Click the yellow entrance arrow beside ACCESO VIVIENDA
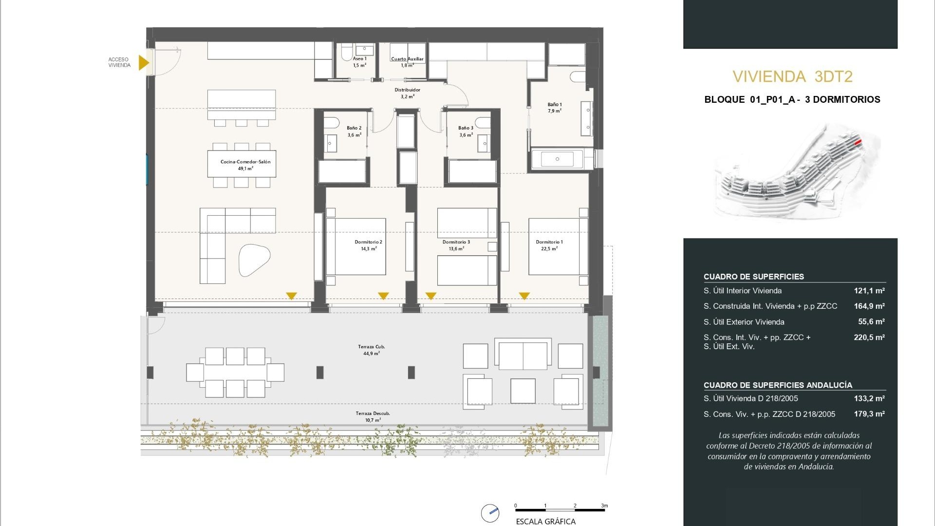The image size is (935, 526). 143,62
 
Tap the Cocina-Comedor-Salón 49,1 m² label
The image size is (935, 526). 245,165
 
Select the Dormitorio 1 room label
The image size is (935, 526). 549,245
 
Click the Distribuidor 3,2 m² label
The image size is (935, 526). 407,93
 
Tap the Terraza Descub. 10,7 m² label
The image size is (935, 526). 373,416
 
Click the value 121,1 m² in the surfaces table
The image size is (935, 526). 869,291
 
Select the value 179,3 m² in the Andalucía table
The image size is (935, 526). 869,414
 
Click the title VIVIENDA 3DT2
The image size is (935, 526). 792,76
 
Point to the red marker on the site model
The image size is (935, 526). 858,142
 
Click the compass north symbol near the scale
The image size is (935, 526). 490,513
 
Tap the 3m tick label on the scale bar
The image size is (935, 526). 604,506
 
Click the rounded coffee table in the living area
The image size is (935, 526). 254,260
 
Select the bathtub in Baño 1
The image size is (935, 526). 558,159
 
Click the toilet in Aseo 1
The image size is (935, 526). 347,50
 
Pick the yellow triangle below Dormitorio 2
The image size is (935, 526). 383,296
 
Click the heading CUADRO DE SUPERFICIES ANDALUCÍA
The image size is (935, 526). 778,385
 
